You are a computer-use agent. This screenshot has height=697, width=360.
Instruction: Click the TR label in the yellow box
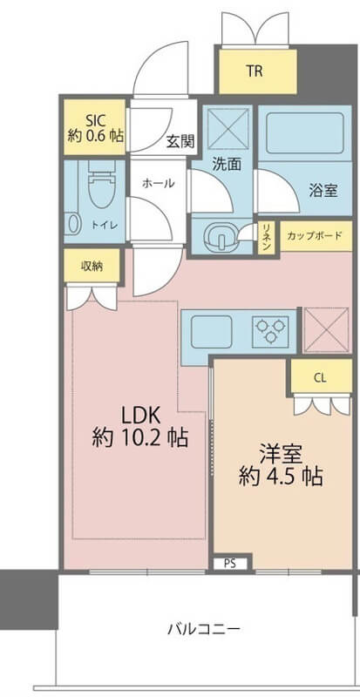point(255,71)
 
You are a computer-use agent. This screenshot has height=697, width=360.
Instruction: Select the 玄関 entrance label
point(180,141)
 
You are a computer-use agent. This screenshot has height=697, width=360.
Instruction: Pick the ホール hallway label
point(158,183)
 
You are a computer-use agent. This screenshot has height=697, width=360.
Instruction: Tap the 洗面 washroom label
point(227,165)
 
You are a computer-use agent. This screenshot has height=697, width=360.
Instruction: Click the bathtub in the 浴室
point(305,133)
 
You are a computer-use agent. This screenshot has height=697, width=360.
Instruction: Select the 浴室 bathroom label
point(323,191)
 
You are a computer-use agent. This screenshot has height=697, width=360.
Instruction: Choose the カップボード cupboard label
point(315,235)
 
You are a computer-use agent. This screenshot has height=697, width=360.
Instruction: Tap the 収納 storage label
point(92,267)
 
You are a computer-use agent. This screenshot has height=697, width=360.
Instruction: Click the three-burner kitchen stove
point(270,332)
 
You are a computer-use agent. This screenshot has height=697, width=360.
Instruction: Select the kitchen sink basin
point(211,332)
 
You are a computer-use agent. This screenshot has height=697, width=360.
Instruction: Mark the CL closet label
point(320,378)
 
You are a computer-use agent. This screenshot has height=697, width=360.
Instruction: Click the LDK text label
point(141,416)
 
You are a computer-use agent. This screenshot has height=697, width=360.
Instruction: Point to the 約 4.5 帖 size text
point(281,477)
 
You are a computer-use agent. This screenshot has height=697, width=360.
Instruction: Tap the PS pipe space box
point(229,564)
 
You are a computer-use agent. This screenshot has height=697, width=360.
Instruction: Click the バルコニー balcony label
point(204,629)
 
